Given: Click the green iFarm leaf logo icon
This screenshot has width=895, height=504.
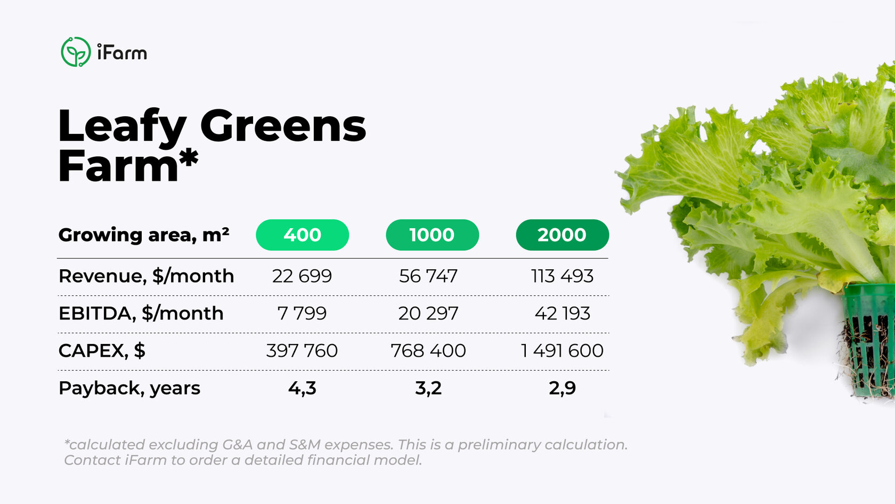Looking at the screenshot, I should point(76,52).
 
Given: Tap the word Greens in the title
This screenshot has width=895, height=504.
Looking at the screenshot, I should point(283,126).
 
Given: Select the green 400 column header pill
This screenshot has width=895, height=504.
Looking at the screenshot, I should point(302,235).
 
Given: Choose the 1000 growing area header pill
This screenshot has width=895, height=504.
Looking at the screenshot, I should point(432,235).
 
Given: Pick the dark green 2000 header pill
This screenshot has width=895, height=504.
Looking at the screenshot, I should point(562,235).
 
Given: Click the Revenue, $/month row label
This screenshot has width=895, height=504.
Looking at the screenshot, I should point(146,276).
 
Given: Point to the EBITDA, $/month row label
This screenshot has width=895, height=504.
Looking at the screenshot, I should point(141,313).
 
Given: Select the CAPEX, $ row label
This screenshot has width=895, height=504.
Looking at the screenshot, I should point(102,350).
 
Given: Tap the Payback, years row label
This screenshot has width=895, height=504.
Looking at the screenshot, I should point(129,388).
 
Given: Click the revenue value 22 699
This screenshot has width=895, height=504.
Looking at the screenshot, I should point(302,276).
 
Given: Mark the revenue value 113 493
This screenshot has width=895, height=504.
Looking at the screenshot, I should point(562,276).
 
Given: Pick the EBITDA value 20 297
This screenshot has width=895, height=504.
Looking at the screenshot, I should point(428,313).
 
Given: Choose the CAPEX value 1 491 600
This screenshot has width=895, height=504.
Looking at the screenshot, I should point(562,350).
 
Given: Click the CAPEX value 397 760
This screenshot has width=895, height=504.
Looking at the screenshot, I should point(302,350).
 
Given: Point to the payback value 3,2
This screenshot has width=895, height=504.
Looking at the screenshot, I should point(428,388).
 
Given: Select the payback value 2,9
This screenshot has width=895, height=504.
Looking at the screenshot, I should point(562,388).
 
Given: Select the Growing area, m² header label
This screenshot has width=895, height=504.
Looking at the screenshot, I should point(144,235).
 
